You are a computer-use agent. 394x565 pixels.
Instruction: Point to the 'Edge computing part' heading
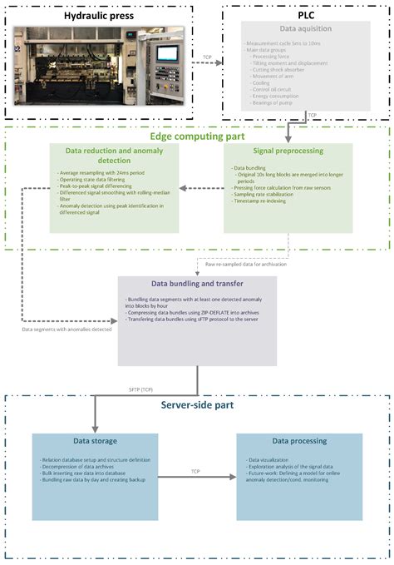197,136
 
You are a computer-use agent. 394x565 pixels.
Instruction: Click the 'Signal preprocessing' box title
288,150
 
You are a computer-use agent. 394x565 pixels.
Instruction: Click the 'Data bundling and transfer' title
196,284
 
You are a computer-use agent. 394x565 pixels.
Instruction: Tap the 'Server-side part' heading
197,404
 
